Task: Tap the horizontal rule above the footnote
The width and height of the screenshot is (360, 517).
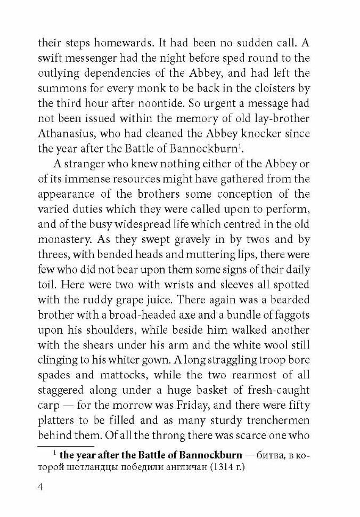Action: (x=65, y=445)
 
